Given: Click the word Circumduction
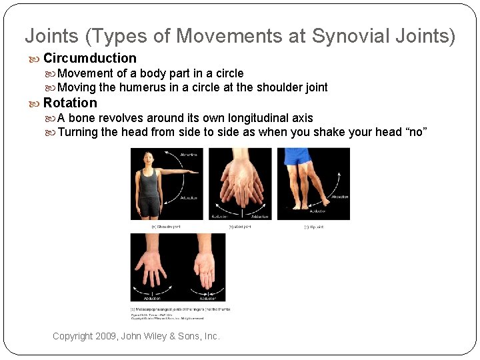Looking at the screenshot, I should coord(90,58).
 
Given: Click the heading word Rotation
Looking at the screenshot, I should coord(70,103).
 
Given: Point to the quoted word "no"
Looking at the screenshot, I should coord(415,132).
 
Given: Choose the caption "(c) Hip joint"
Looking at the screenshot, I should coord(313,227).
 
